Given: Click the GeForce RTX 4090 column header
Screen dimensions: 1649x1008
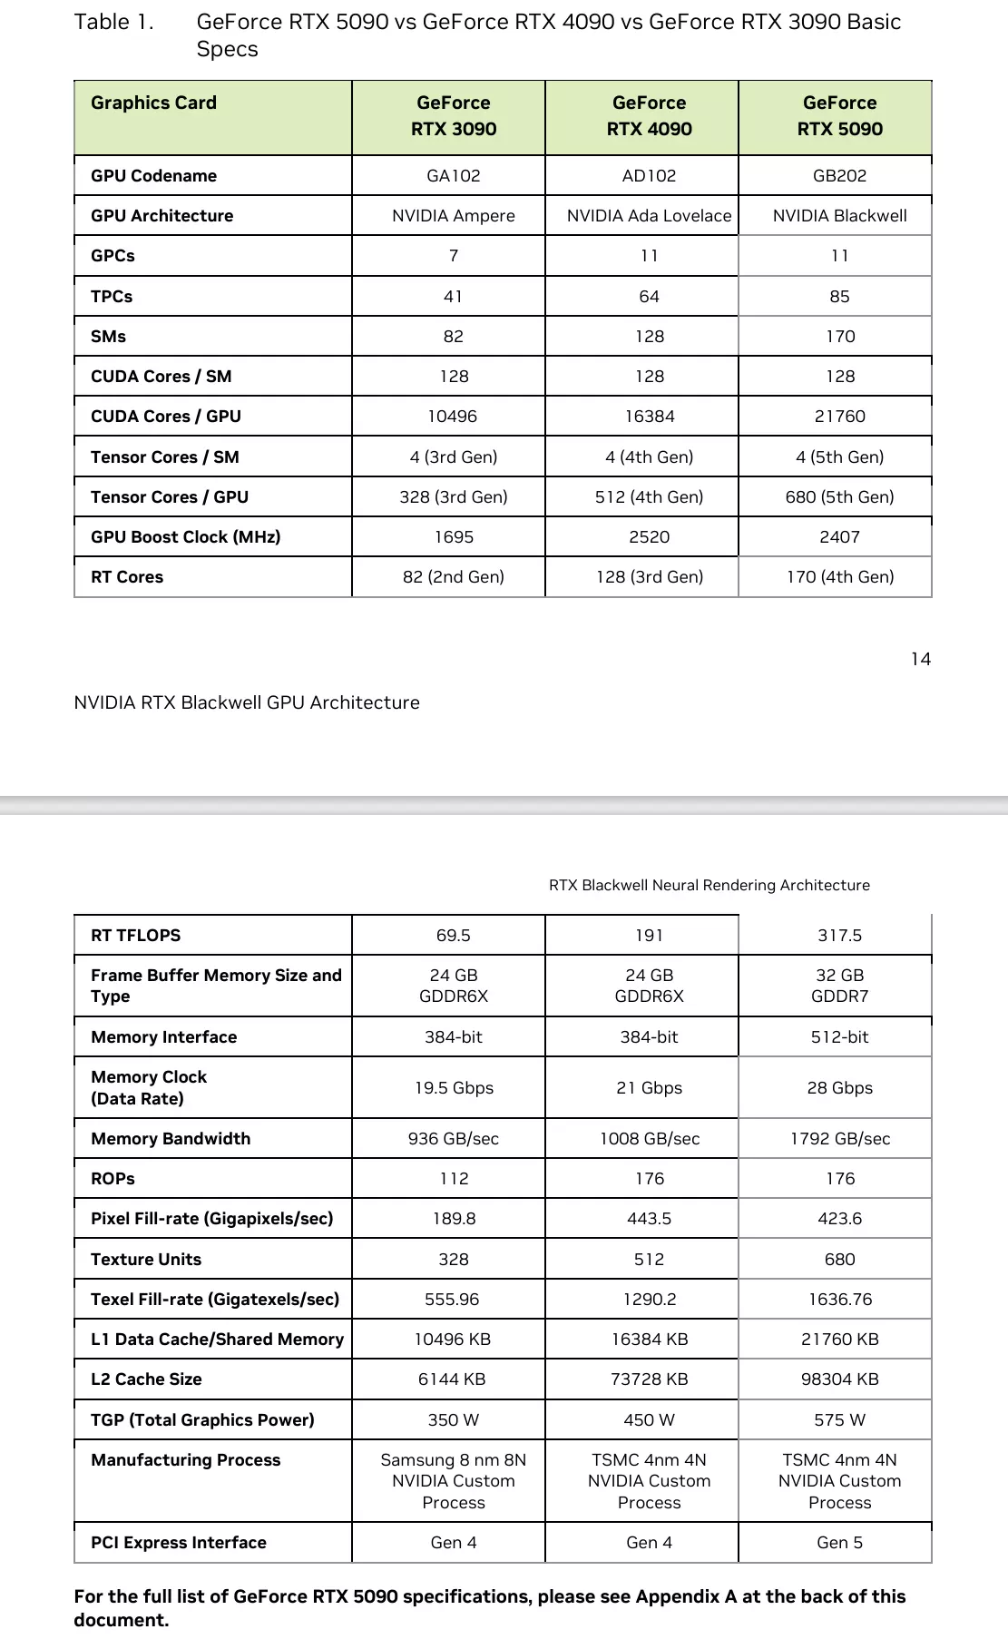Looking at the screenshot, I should [649, 116].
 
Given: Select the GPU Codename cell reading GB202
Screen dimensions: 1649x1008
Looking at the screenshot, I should [839, 175].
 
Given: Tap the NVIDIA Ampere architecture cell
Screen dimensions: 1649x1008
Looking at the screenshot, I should [453, 216].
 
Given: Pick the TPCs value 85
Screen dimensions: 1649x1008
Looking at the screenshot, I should [839, 297].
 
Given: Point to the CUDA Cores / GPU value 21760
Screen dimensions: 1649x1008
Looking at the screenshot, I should [839, 417].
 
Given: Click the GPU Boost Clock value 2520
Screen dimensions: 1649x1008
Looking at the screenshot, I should [649, 537].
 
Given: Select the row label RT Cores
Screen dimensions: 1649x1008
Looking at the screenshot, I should [127, 577].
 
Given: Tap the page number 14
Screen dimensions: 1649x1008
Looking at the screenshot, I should [920, 660].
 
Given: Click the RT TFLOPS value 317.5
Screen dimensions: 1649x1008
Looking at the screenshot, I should [839, 936].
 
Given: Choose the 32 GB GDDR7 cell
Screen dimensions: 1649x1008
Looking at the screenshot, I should [839, 986].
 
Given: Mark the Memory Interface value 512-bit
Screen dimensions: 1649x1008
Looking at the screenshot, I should [839, 1037].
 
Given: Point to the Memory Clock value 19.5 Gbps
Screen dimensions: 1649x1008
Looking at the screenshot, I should [454, 1088].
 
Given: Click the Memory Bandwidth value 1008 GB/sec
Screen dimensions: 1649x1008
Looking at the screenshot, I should [649, 1139].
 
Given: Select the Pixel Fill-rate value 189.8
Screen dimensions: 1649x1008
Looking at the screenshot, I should [454, 1219].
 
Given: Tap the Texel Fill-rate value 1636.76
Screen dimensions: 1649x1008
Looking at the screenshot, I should [839, 1300].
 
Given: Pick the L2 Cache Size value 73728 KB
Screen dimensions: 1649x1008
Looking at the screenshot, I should [649, 1379].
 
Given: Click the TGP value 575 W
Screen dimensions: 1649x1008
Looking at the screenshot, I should [839, 1420].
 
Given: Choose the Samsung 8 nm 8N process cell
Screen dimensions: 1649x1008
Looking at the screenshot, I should [453, 1481].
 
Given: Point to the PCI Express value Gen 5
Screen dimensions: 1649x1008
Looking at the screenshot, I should [839, 1543].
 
